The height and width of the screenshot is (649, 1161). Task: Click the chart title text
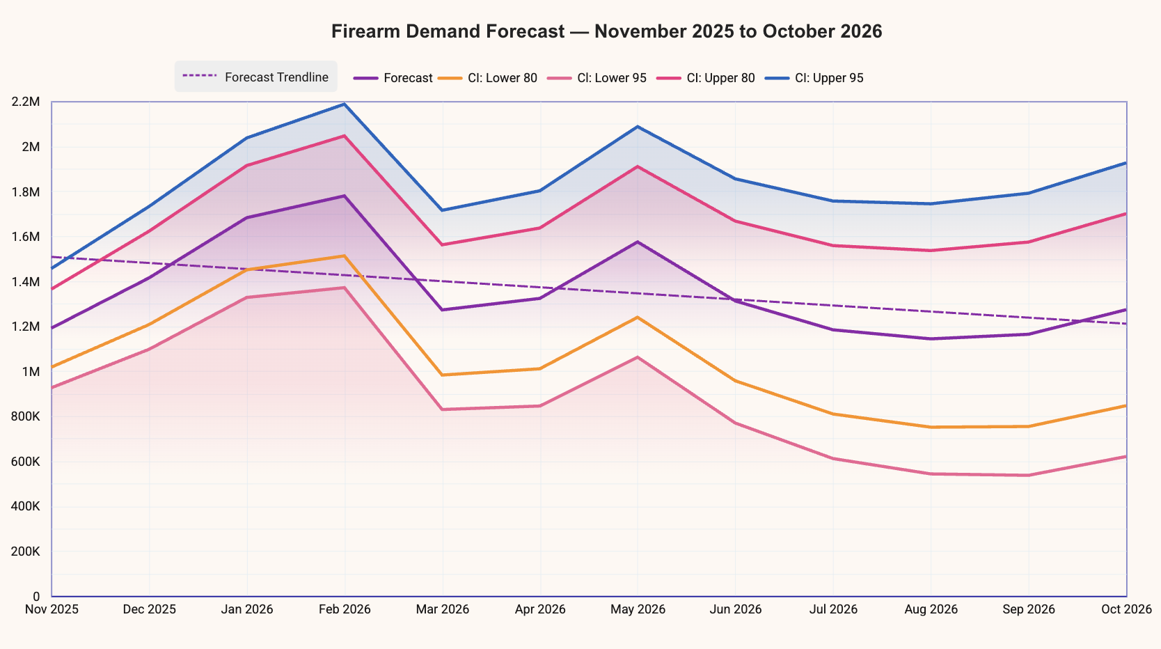click(606, 31)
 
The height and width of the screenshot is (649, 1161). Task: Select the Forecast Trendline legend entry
click(255, 77)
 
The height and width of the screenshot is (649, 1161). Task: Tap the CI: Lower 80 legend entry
click(488, 78)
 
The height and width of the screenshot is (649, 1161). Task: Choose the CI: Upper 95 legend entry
click(814, 78)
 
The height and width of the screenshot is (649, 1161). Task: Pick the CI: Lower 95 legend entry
click(597, 78)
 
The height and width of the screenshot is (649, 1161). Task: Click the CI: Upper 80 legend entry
click(706, 78)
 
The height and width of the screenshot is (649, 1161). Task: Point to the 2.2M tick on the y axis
click(25, 102)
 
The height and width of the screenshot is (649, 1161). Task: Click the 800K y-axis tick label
click(25, 417)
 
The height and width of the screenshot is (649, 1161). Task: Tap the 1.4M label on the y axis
click(25, 282)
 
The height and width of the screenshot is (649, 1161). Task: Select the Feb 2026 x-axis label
click(345, 609)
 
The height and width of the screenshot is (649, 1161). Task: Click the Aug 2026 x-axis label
click(931, 609)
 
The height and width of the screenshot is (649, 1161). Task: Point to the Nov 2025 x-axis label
click(52, 609)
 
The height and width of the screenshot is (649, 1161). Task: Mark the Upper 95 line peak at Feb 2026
click(345, 104)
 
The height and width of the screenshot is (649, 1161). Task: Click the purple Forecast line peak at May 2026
click(638, 242)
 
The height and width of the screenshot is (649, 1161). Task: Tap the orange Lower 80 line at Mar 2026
click(442, 375)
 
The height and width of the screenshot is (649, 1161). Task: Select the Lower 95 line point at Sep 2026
click(1029, 476)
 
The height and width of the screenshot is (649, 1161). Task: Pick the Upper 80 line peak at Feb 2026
click(345, 136)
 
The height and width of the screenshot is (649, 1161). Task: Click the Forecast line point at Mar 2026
click(442, 310)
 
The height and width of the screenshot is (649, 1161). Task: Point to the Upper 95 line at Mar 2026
click(442, 210)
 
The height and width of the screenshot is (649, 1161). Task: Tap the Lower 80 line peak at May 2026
click(638, 318)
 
